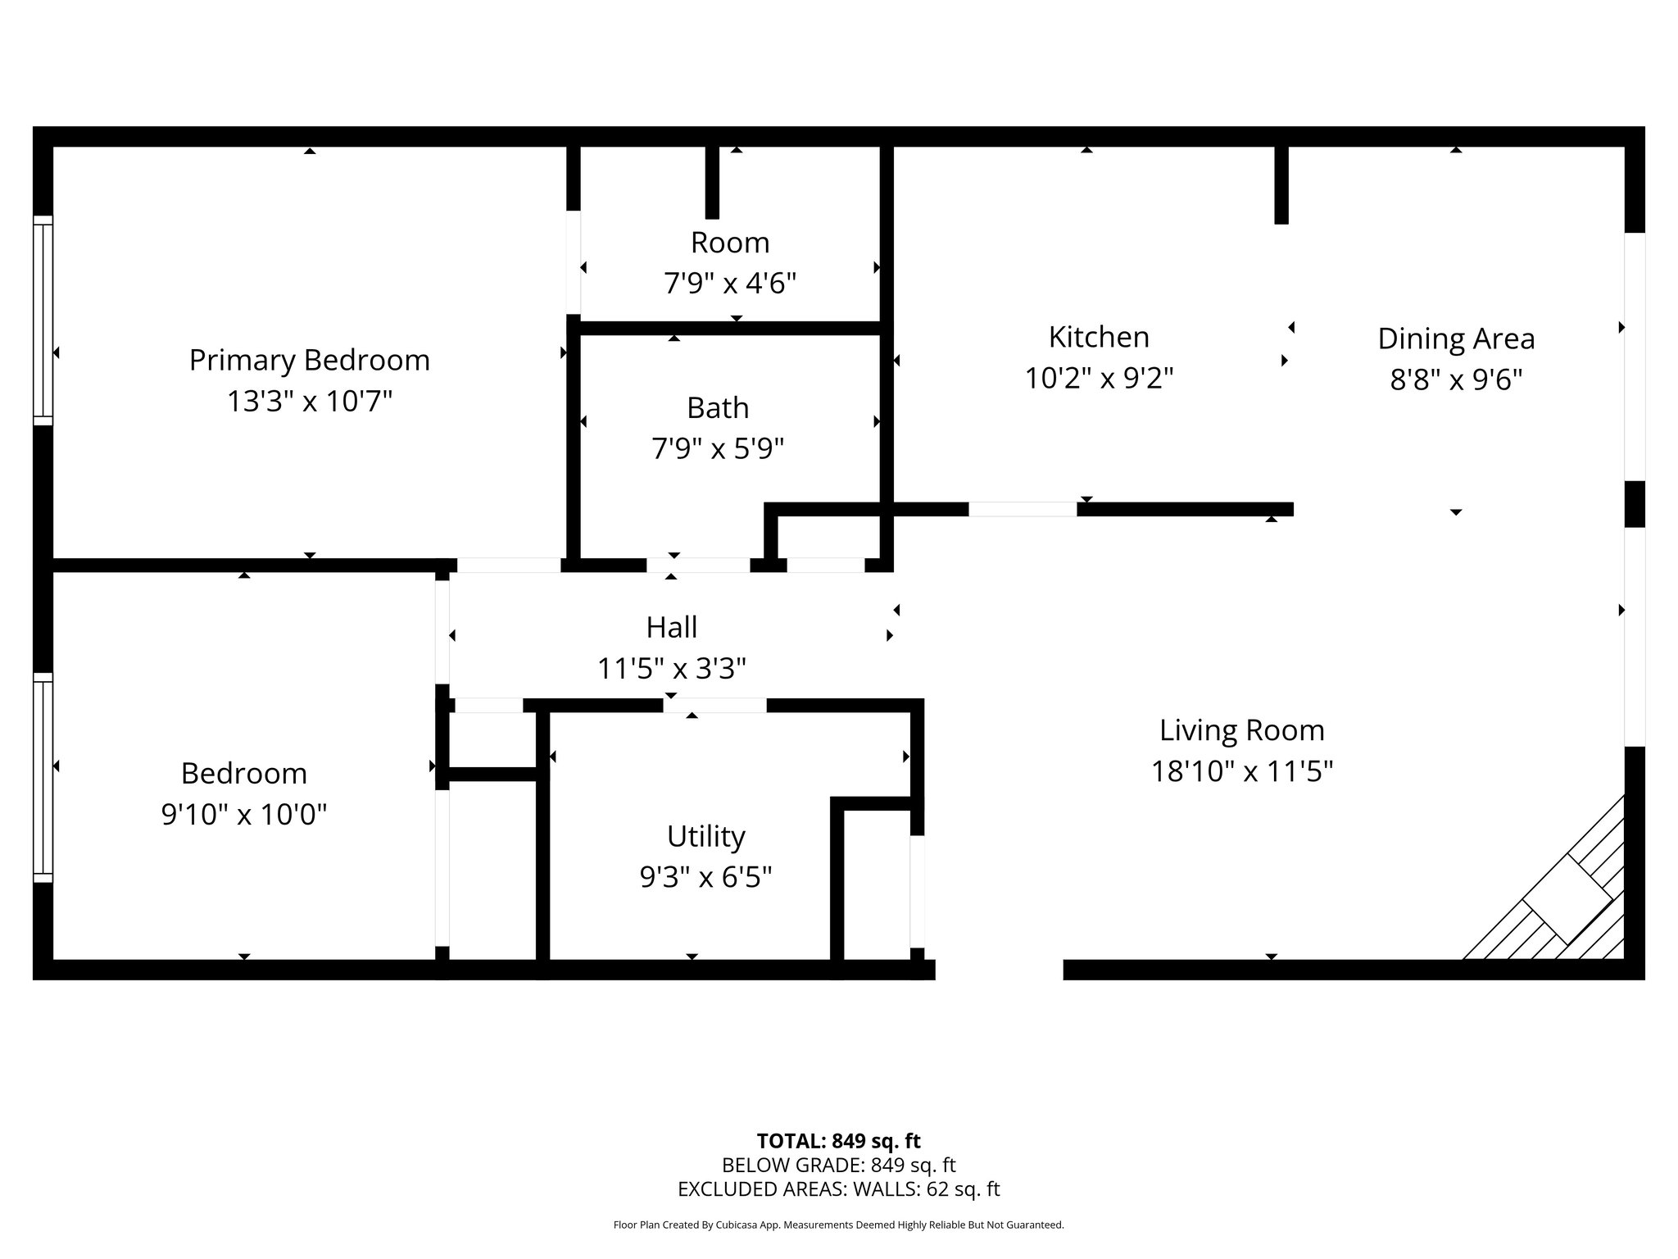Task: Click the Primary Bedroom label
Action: click(x=309, y=361)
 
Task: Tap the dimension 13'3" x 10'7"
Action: click(x=309, y=402)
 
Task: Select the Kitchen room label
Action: click(x=1099, y=337)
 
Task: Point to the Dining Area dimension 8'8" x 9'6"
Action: click(x=1456, y=380)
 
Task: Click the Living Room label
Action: click(x=1241, y=730)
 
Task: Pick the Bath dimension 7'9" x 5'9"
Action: click(x=718, y=449)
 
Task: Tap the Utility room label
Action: click(x=705, y=837)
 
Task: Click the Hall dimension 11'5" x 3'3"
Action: click(x=671, y=669)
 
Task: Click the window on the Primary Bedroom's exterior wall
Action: click(x=43, y=320)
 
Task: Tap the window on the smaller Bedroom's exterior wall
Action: click(x=43, y=778)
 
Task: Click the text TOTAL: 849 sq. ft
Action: click(x=838, y=1141)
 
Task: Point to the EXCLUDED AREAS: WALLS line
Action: click(x=838, y=1189)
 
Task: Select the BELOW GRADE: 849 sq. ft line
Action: click(x=838, y=1165)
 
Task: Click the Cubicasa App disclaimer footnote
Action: click(x=838, y=1225)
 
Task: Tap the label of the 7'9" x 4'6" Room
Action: click(x=729, y=243)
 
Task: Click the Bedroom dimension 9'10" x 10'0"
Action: click(x=244, y=815)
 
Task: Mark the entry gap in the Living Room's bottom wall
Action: click(x=999, y=970)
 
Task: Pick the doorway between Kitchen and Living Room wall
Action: click(x=1023, y=509)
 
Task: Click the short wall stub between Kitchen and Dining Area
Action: click(x=1281, y=184)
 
